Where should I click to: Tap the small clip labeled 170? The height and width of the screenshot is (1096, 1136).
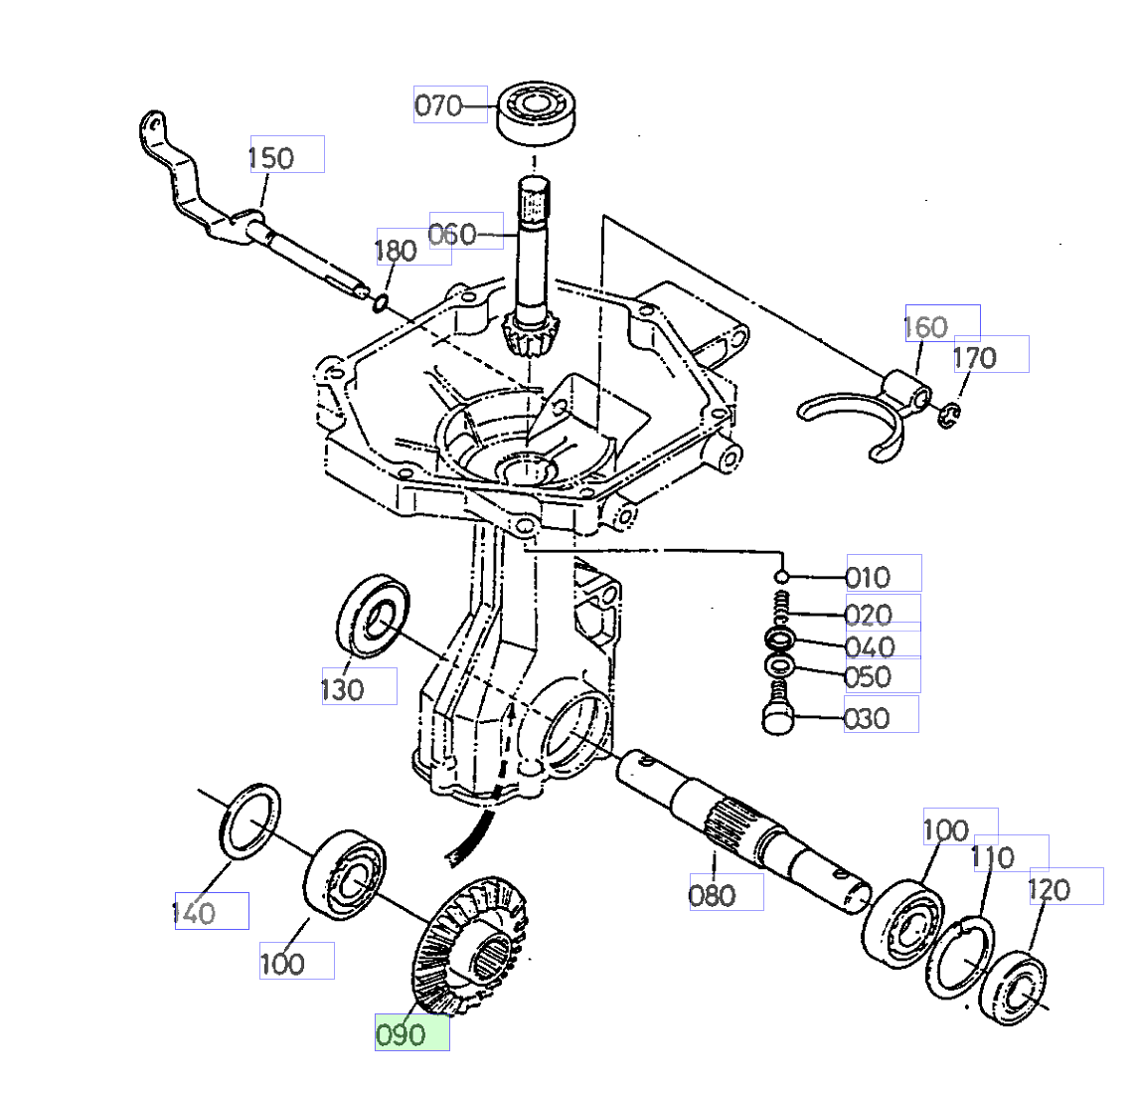[x=949, y=415]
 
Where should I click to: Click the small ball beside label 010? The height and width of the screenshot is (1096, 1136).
[x=782, y=577]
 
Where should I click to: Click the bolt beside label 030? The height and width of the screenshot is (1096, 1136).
[x=777, y=715]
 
